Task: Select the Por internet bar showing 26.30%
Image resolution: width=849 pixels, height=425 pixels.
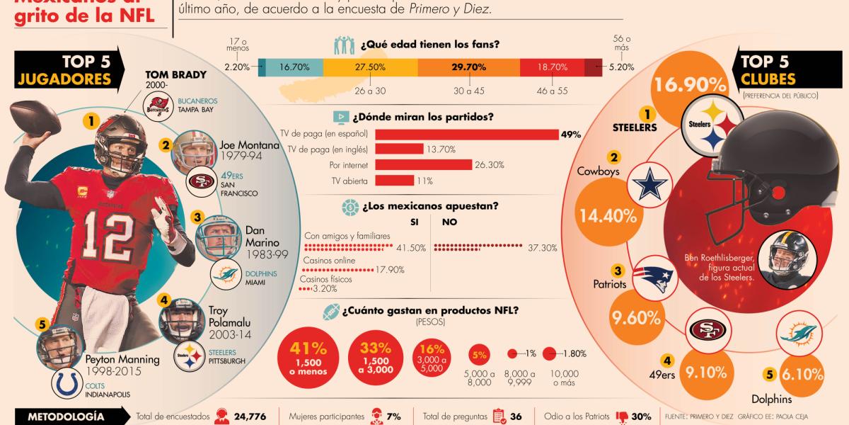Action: [x=423, y=164]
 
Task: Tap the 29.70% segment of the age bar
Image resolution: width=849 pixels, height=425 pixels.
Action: [x=468, y=67]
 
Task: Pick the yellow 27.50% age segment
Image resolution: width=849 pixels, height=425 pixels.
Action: [x=370, y=67]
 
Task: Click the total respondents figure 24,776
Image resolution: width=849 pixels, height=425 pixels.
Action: [x=243, y=416]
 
